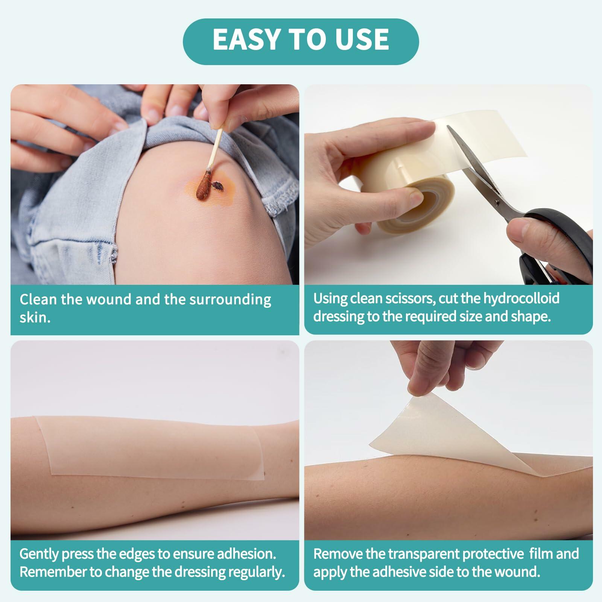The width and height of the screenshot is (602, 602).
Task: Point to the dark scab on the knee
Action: pos(216,185)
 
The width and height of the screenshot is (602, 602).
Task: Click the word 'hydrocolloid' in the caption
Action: pos(521,299)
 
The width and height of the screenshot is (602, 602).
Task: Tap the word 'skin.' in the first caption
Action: pos(35,318)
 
